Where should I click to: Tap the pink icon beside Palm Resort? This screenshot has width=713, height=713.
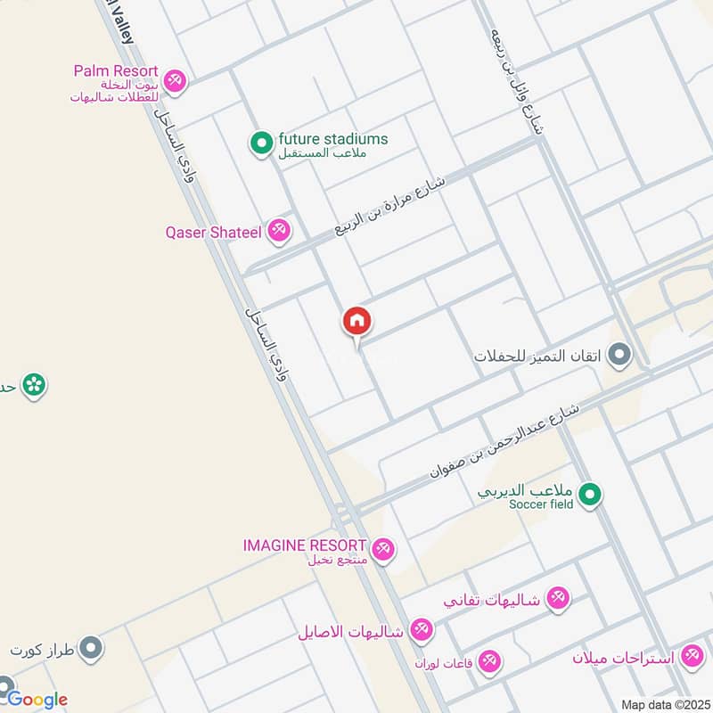pyautogui.click(x=176, y=79)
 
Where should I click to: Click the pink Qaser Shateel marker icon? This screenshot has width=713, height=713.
pyautogui.click(x=280, y=231)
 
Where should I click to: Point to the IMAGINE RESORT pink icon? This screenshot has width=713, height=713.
pyautogui.click(x=383, y=548)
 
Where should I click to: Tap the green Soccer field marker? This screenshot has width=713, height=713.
pyautogui.click(x=590, y=495)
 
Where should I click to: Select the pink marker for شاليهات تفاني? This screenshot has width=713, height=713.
pyautogui.click(x=558, y=597)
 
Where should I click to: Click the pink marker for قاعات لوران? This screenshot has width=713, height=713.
pyautogui.click(x=488, y=662)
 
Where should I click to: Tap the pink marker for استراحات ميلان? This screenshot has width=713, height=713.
pyautogui.click(x=691, y=657)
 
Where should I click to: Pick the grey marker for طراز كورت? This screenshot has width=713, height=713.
pyautogui.click(x=90, y=648)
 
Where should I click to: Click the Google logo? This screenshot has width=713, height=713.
pyautogui.click(x=36, y=699)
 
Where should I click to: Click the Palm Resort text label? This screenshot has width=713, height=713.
pyautogui.click(x=116, y=70)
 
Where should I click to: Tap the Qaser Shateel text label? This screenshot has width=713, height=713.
pyautogui.click(x=213, y=233)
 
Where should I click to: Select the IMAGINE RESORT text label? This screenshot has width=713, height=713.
pyautogui.click(x=305, y=545)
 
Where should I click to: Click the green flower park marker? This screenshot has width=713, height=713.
pyautogui.click(x=34, y=385)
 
